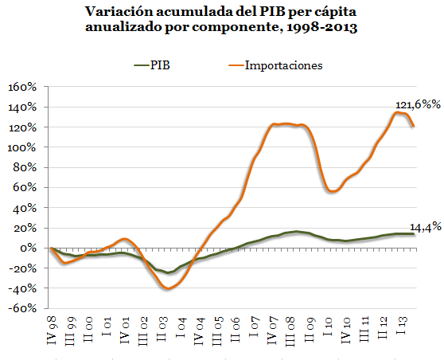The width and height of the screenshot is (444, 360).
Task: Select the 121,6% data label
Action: [417, 104]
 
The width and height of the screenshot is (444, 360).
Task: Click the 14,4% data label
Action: [424, 227]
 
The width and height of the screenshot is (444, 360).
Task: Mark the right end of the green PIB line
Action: [414, 233]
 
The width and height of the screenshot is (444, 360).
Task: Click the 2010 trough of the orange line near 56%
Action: [333, 191]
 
